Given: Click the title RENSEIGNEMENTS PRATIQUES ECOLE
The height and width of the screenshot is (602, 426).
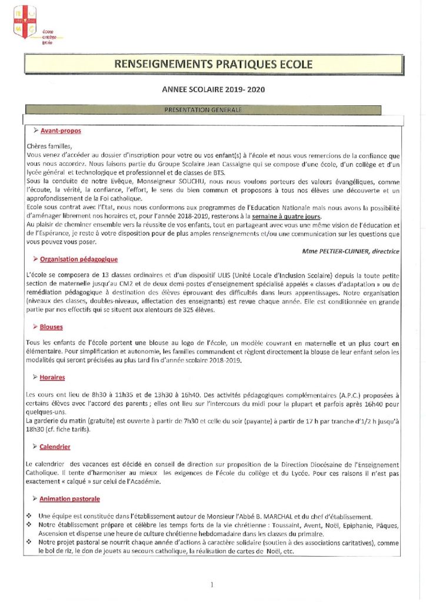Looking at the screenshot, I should click(x=212, y=64).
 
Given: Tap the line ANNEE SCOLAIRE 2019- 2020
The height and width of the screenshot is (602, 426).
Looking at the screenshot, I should click(x=213, y=90).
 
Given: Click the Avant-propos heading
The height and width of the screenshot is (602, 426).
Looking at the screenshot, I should click(x=61, y=131).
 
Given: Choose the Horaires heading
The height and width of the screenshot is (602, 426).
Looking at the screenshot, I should click(x=52, y=377).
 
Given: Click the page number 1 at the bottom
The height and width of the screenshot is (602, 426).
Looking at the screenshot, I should click(x=211, y=584).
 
